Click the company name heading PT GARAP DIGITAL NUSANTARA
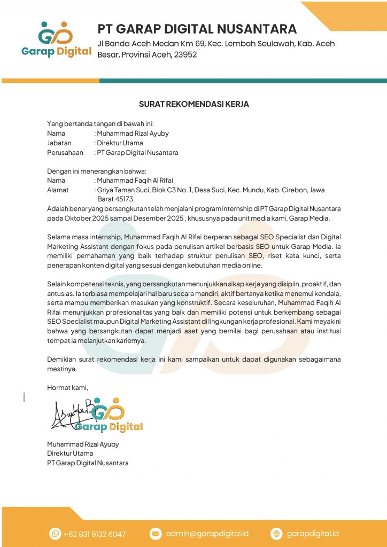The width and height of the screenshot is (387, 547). coord(197,28)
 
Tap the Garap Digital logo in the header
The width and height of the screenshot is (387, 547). coord(57,40)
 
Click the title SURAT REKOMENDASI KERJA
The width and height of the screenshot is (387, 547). coord(193,104)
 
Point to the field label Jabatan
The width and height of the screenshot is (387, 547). coord(59,143)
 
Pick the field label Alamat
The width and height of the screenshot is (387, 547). coord(58,190)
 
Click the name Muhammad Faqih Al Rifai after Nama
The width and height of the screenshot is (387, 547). coord(135,181)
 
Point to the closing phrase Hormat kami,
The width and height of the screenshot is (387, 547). coord(67,387)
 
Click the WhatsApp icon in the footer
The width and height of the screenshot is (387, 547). coord(55,534)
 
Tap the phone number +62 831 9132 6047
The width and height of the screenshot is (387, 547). coord(95,534)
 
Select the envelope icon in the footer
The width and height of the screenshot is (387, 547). coord(156,534)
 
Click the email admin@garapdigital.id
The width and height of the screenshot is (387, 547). coord(207,534)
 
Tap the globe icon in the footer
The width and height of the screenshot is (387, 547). coord(276,534)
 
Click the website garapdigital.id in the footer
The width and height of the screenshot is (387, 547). coord(313,534)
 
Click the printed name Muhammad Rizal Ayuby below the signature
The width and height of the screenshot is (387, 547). coord(83,444)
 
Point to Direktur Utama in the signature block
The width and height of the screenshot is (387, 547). coord(70,454)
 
